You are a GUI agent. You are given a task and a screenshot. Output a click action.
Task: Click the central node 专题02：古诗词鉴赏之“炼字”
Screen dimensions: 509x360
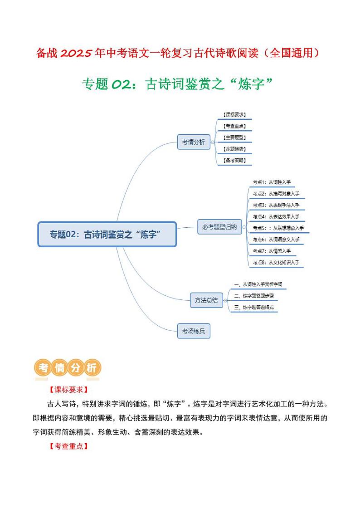click(107, 234)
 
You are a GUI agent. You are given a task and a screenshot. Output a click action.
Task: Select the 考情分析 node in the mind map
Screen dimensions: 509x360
click(194, 142)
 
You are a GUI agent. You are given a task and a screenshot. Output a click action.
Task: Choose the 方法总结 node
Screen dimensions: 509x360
click(206, 300)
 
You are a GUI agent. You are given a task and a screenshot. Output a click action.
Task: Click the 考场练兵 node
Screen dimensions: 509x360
click(194, 331)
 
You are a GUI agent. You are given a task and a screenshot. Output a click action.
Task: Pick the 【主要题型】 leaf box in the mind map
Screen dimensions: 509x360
click(234, 137)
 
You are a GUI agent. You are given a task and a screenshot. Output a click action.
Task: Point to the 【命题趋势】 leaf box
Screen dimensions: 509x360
click(234, 149)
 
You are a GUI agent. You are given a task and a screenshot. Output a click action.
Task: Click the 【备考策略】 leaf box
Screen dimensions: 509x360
click(234, 160)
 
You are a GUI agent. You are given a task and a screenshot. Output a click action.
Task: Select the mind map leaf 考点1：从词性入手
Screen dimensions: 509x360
click(272, 182)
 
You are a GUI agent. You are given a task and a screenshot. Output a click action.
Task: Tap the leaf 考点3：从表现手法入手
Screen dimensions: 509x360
click(276, 205)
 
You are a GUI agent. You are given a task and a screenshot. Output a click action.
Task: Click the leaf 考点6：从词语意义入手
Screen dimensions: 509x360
click(276, 239)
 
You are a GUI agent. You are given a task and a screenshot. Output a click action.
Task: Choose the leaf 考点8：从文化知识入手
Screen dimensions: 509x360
click(276, 262)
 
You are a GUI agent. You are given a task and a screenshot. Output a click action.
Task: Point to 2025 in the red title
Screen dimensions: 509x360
click(77, 54)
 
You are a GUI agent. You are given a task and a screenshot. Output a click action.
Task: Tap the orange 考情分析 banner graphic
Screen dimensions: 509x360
click(68, 368)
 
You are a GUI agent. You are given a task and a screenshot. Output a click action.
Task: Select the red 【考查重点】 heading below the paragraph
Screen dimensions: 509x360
click(68, 446)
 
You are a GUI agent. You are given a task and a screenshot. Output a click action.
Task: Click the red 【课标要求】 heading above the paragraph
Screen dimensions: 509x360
click(68, 390)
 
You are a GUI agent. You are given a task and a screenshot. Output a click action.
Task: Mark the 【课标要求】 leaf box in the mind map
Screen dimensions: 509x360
click(234, 115)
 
